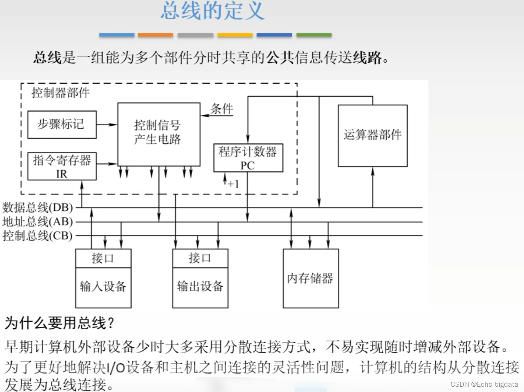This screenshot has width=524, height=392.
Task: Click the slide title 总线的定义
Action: (213, 11)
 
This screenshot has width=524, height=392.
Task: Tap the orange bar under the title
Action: (156, 35)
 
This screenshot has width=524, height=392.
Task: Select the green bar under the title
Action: (314, 35)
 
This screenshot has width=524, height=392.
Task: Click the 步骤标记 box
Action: (62, 124)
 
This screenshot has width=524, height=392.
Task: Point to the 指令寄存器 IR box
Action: (62, 166)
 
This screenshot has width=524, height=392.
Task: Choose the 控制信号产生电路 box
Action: (159, 133)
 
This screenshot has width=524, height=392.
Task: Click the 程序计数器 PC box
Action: (248, 158)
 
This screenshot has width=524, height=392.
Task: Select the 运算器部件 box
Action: (372, 135)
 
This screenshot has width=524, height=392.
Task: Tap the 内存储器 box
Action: (310, 278)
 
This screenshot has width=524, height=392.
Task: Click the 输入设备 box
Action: (103, 287)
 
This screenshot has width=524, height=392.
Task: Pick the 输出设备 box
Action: (200, 287)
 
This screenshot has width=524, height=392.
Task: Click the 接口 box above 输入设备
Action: (103, 258)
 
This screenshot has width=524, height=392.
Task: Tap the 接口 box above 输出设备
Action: (200, 258)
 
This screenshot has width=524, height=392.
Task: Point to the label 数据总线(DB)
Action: (38, 208)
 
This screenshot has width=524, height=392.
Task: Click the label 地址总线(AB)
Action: (38, 221)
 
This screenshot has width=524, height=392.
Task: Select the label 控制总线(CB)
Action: (38, 236)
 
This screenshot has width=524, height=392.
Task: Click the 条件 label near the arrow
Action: (222, 109)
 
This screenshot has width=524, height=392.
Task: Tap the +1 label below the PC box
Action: (233, 184)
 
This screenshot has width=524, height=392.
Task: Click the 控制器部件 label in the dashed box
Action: (61, 93)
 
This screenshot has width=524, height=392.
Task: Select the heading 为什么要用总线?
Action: (60, 323)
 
